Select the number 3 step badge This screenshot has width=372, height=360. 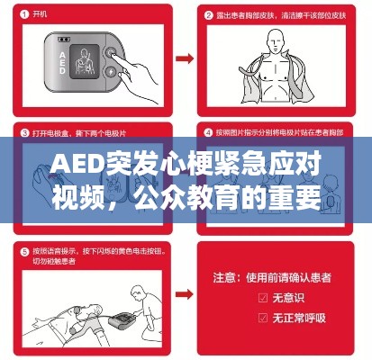[22, 132]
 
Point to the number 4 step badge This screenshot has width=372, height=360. [206, 132]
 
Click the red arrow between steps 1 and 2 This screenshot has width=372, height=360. [184, 59]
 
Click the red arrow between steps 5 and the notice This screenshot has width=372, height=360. [184, 292]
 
